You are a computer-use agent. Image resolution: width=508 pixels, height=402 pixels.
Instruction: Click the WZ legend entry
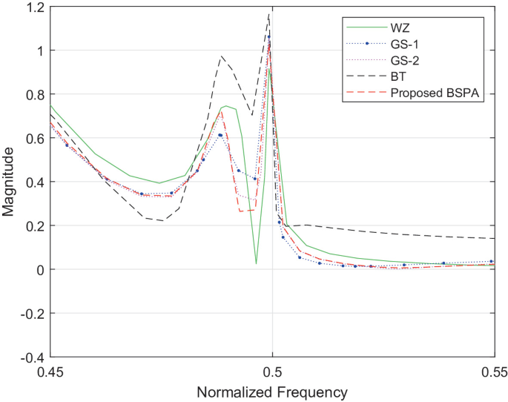(x=400, y=29)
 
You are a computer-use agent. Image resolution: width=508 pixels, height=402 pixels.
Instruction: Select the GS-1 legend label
(x=405, y=45)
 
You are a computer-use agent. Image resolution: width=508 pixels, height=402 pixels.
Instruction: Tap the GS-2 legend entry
(x=405, y=62)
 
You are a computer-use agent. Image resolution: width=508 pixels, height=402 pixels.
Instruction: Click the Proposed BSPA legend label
(x=437, y=94)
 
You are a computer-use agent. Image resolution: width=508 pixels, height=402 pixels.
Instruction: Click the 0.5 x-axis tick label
(x=272, y=369)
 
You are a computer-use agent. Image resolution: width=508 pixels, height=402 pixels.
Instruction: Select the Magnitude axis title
(x=10, y=182)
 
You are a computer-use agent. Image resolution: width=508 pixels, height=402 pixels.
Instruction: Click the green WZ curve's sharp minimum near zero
(x=256, y=263)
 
